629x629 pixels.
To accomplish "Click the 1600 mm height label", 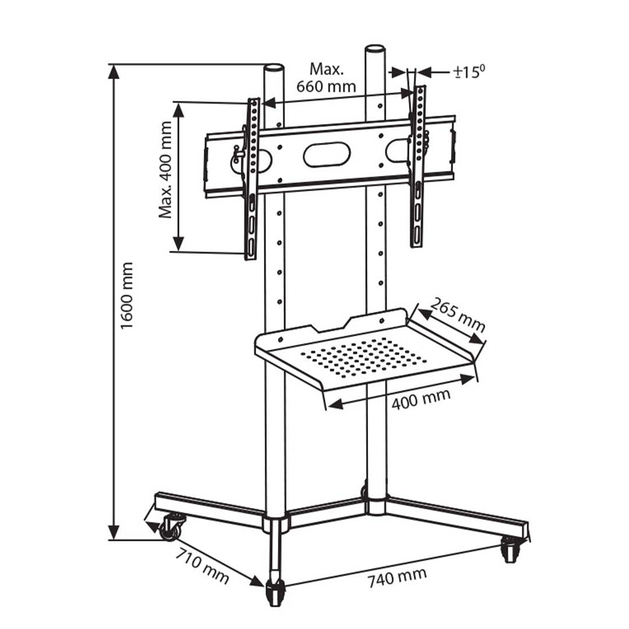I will (x=127, y=295).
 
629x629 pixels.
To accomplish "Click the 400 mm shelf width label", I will (x=420, y=399).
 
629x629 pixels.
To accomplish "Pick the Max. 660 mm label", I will (x=326, y=78).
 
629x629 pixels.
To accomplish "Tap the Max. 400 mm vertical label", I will (x=167, y=169).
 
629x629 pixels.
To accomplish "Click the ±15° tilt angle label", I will (x=469, y=72).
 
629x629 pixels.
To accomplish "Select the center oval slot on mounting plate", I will (x=327, y=154).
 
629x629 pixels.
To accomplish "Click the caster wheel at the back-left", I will (x=171, y=527).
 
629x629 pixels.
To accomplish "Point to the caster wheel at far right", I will (x=511, y=549).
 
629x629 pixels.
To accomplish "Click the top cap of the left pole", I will (x=274, y=68).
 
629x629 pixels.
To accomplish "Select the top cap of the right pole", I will (x=375, y=49).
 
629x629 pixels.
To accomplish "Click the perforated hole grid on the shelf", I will (x=364, y=356).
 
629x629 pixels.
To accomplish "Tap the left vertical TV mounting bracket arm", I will (x=252, y=178).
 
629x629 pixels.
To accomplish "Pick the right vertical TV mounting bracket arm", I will (x=418, y=166).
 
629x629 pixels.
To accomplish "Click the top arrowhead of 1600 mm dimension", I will (x=114, y=72).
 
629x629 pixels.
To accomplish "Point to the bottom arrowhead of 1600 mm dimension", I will (x=114, y=532).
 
